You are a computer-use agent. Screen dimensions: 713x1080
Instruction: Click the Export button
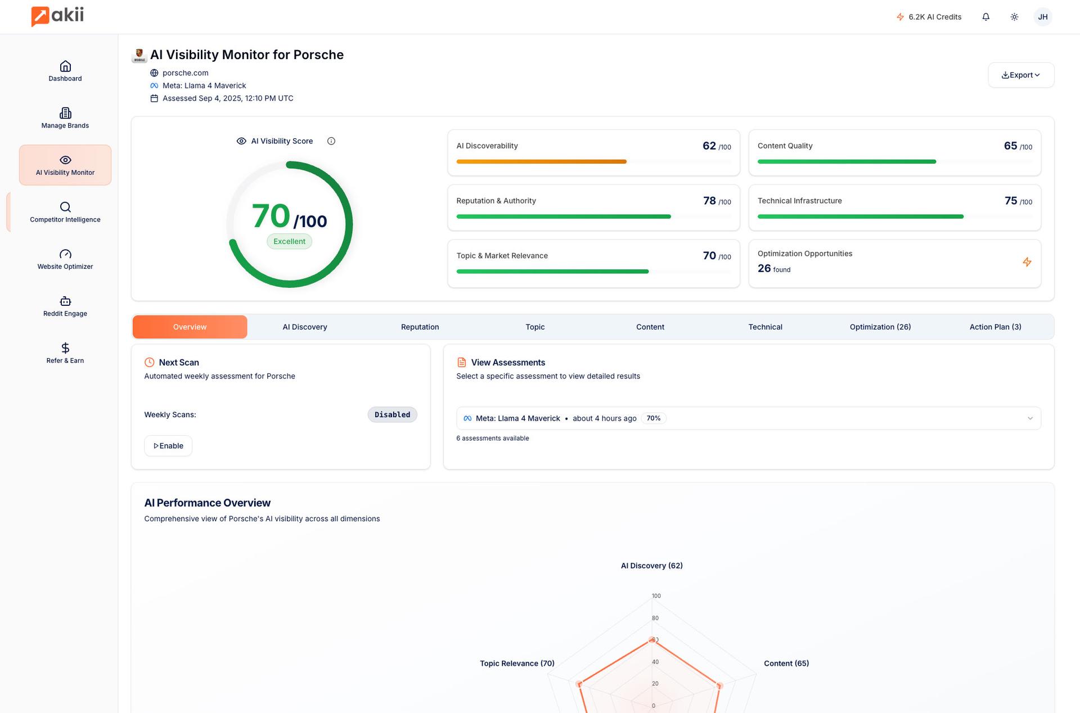(1020, 75)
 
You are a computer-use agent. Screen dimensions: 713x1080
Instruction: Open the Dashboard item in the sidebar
(65, 71)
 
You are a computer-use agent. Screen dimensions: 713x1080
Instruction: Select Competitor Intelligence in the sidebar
(65, 212)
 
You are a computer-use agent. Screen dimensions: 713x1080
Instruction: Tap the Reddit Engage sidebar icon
(65, 301)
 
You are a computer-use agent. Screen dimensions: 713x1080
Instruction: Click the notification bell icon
(985, 17)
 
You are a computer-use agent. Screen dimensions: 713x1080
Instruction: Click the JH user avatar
(1042, 17)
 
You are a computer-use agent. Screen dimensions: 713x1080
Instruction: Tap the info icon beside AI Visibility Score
(331, 141)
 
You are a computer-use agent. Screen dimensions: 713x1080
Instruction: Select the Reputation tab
(420, 327)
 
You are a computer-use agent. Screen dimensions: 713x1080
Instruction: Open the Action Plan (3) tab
(995, 327)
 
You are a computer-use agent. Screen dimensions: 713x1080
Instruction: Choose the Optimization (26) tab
(880, 327)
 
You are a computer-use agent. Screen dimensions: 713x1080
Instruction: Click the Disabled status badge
(392, 414)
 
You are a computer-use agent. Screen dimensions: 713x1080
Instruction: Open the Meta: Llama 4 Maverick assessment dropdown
(748, 418)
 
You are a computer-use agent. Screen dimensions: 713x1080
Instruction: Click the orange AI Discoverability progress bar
(541, 161)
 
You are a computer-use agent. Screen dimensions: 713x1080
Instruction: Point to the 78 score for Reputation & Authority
(709, 201)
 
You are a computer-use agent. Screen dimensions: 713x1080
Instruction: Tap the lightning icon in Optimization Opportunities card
(1027, 262)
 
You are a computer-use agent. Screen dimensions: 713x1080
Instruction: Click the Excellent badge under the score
(289, 241)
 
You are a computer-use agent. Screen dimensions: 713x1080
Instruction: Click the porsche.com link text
(185, 73)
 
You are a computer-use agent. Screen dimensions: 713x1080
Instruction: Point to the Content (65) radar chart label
(786, 664)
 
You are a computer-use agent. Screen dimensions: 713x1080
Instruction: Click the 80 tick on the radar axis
(655, 618)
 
